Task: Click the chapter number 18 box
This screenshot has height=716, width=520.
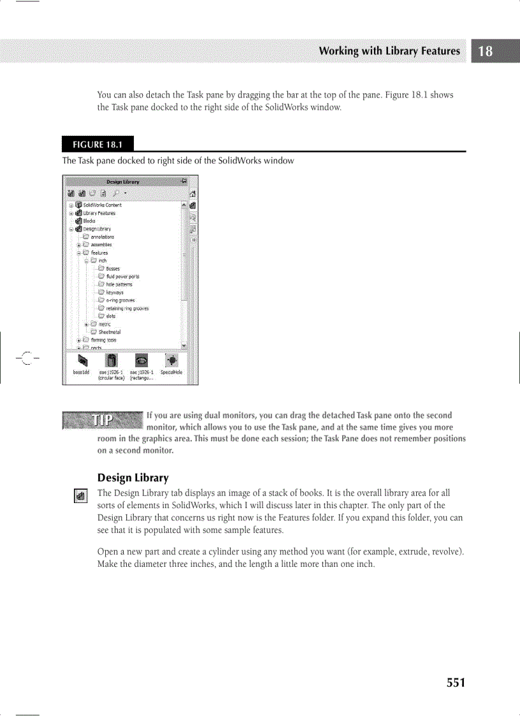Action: [486, 51]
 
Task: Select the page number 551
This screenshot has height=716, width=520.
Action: [456, 683]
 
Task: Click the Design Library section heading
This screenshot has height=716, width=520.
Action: [133, 478]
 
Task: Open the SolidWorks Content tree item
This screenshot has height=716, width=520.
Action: [101, 205]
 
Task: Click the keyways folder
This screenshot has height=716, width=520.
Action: [115, 293]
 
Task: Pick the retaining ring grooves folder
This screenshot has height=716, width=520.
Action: [127, 309]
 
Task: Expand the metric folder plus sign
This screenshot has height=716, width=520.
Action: [86, 325]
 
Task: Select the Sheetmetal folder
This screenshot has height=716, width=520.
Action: [109, 332]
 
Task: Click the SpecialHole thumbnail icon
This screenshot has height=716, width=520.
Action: [171, 361]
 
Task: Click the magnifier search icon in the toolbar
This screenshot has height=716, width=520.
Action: [116, 193]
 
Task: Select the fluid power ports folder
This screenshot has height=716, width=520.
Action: [122, 277]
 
